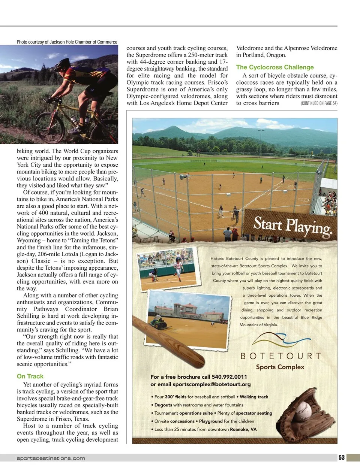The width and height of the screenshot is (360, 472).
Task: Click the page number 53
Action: (x=341, y=457)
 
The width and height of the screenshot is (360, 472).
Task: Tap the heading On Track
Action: (x=30, y=376)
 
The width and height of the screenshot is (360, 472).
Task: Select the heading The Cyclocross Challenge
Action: (x=275, y=67)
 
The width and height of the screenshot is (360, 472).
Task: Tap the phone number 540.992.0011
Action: (x=225, y=377)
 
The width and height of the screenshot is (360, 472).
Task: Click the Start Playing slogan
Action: (x=292, y=226)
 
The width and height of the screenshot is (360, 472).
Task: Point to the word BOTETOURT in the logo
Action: (x=280, y=356)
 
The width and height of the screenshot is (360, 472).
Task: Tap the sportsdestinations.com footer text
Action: (x=51, y=458)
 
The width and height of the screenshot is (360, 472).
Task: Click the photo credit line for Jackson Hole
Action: (x=67, y=42)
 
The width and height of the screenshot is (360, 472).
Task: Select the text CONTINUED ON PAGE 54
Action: (x=319, y=103)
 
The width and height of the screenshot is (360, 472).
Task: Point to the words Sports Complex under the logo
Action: (x=280, y=367)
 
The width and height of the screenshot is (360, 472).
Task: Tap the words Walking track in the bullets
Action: (x=254, y=397)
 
